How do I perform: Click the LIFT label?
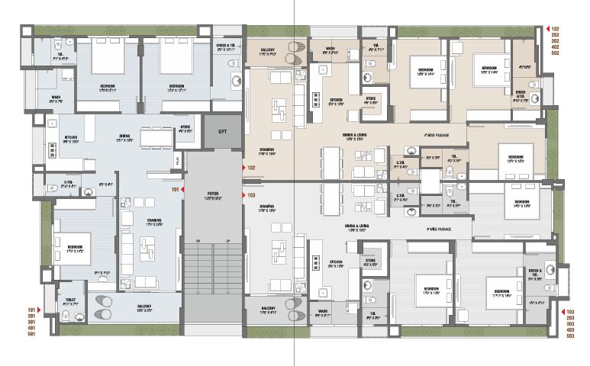click(x=222, y=132)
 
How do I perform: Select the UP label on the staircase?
click(x=227, y=241)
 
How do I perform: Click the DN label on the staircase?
click(x=197, y=241)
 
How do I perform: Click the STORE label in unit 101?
click(x=185, y=127)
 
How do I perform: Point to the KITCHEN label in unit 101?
click(x=71, y=138)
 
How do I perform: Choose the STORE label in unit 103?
click(x=370, y=261)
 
